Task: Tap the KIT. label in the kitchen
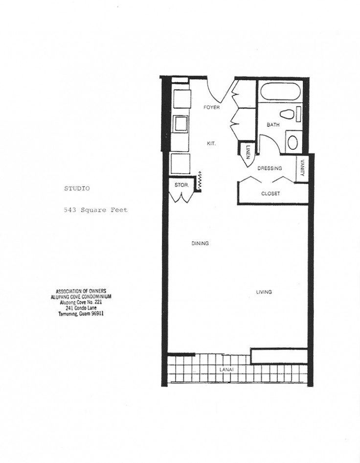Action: tap(211, 144)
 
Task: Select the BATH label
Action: tap(273, 125)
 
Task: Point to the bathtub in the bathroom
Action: tap(278, 92)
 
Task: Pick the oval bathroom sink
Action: tap(293, 142)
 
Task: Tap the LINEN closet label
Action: tap(248, 152)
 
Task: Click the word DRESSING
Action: tap(270, 168)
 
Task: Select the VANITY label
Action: tap(303, 168)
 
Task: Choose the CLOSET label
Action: tap(270, 193)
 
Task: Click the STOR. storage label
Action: tap(182, 185)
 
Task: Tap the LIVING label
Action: tap(264, 292)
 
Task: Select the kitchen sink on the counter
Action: tap(180, 123)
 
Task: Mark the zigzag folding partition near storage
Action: tap(201, 181)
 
